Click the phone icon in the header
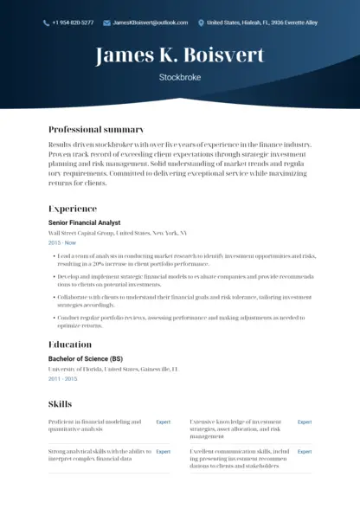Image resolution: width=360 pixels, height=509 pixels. (46, 23)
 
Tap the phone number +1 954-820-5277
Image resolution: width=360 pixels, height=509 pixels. (73, 23)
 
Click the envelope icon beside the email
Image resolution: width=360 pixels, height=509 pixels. (106, 23)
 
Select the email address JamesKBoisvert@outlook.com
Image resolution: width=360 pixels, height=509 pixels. (150, 23)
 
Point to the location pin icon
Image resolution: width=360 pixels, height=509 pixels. (202, 23)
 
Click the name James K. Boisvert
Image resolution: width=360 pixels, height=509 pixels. (180, 56)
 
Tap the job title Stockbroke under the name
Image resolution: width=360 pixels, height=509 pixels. (180, 77)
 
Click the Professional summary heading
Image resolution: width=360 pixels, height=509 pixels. (96, 129)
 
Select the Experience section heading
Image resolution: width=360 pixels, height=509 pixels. (73, 209)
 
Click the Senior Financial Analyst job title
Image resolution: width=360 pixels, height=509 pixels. (85, 222)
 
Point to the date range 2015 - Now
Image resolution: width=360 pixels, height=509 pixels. (62, 243)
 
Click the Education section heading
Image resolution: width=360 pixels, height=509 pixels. (70, 345)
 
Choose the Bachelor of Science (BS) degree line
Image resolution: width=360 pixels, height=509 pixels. (86, 358)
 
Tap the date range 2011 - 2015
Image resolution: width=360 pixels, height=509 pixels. (62, 379)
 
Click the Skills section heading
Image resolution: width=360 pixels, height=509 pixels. (60, 404)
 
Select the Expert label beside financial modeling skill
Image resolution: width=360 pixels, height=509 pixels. (163, 422)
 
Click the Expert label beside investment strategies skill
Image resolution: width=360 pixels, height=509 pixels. (305, 422)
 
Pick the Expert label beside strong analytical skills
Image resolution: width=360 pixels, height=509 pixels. (163, 452)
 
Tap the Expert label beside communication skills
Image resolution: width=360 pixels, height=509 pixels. (305, 452)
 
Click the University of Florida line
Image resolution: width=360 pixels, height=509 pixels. (112, 369)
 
